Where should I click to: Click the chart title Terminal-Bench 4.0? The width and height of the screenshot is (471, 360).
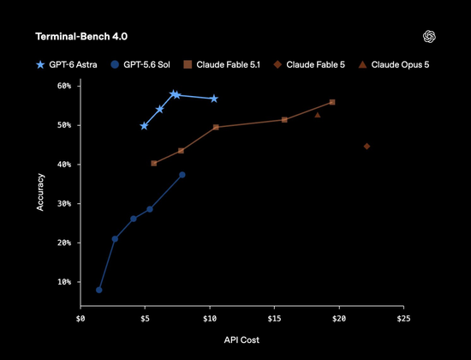81,37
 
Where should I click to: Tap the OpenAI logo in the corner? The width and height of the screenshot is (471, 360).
429,37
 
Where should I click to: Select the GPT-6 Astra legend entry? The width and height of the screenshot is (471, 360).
67,64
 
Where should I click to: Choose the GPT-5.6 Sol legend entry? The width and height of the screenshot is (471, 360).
140,64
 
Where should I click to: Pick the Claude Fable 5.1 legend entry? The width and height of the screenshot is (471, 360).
222,64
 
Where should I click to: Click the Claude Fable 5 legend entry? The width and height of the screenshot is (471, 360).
309,64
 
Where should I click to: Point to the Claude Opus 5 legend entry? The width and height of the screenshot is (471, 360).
394,64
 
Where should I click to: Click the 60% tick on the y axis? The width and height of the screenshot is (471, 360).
64,86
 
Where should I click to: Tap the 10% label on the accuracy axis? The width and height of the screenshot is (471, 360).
64,282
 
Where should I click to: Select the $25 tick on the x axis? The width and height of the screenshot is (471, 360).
403,319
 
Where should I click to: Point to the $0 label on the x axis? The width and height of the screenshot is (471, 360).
80,319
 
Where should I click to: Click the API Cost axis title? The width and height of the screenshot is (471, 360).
241,340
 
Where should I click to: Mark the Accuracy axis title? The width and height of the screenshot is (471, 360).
40,192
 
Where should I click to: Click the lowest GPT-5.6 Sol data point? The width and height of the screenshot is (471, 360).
99,290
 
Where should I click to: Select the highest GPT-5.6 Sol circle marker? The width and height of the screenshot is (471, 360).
182,175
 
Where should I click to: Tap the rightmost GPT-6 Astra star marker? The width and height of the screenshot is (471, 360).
214,99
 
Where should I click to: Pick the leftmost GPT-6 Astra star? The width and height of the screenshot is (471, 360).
144,126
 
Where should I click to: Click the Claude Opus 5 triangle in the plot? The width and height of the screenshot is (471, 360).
318,115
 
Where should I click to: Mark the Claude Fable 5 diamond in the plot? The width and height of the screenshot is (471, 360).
367,147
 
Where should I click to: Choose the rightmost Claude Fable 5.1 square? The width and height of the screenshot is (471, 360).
332,102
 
